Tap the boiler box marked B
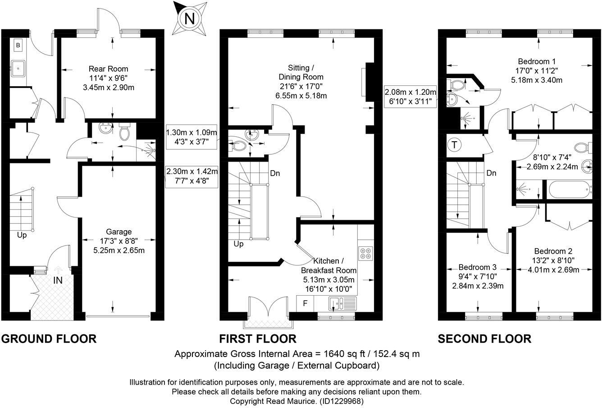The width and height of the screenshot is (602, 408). click(x=18, y=45)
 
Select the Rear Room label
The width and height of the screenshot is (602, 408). click(x=108, y=69)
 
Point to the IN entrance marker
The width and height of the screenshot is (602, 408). click(x=58, y=280)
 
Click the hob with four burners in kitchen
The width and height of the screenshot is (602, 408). click(x=365, y=253)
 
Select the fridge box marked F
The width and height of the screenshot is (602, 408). click(x=305, y=303)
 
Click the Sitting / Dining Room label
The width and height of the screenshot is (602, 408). click(x=301, y=72)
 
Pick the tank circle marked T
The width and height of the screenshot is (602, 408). click(x=455, y=145)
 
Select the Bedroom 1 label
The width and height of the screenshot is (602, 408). click(x=536, y=61)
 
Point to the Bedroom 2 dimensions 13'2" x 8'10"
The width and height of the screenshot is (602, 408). click(x=554, y=260)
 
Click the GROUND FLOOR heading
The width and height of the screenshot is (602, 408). click(x=49, y=338)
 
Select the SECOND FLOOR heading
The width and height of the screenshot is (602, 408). click(x=484, y=338)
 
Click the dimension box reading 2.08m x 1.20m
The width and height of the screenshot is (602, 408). click(x=410, y=92)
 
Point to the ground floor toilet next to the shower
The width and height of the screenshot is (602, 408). click(x=124, y=133)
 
